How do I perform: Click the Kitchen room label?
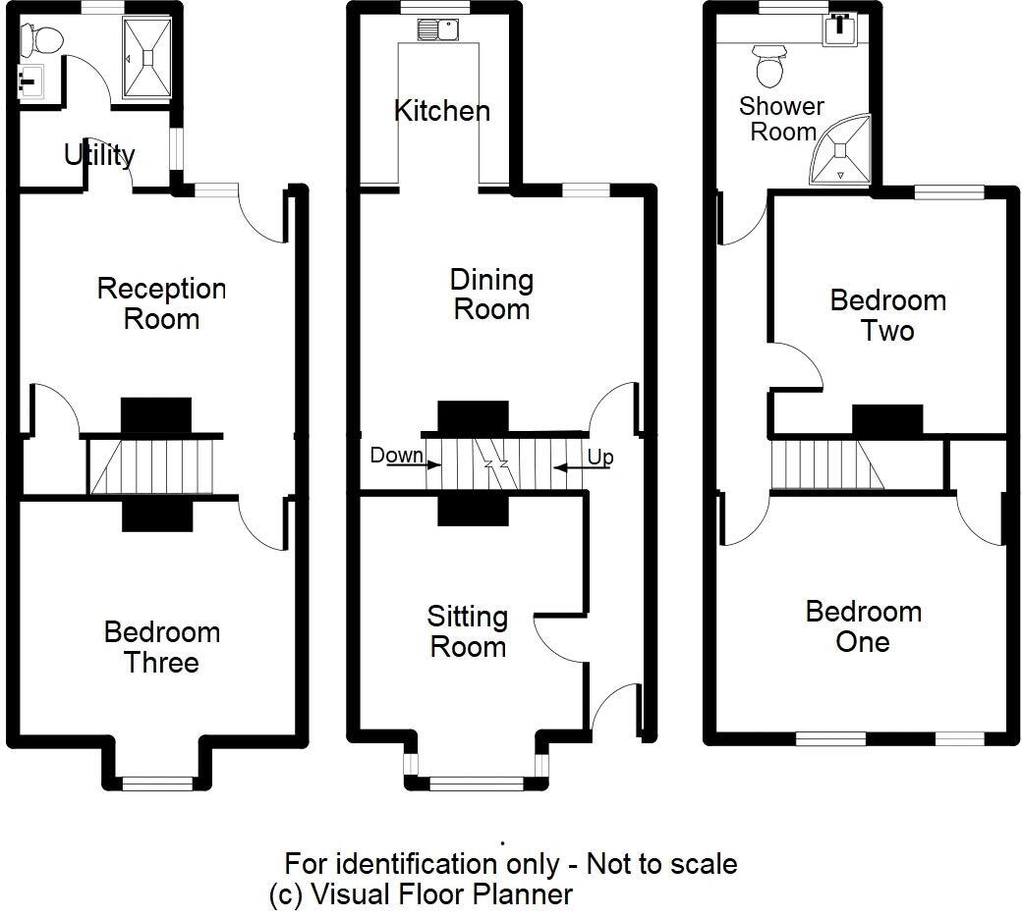click(442, 111)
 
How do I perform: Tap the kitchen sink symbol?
click(438, 28)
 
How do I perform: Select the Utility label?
click(99, 155)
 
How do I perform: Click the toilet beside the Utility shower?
click(40, 39)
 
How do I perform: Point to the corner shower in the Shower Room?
click(841, 150)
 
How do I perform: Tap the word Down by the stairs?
click(396, 455)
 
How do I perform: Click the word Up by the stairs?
click(600, 458)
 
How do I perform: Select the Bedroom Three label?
click(161, 647)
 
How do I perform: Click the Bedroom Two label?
click(887, 315)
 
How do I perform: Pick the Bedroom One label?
click(863, 626)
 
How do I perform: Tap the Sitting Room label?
click(468, 631)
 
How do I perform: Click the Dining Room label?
click(492, 295)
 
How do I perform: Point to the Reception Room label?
click(161, 303)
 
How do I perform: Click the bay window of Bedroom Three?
click(157, 784)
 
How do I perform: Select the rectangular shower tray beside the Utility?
click(148, 58)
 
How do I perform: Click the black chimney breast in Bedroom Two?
click(887, 419)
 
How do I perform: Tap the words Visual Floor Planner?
click(442, 894)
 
